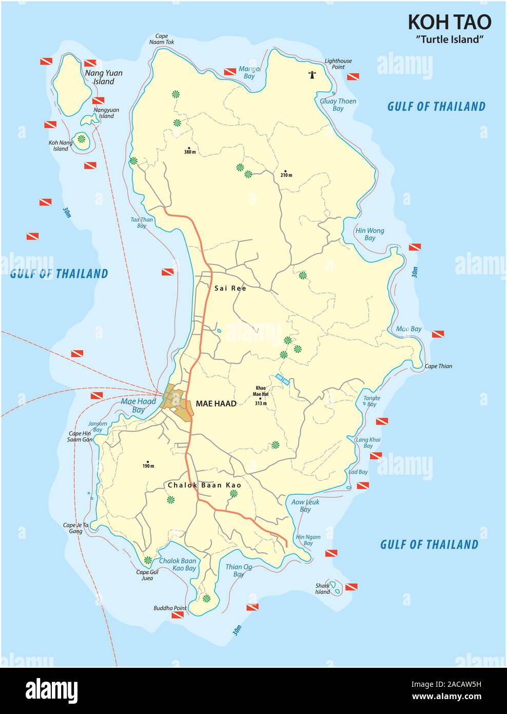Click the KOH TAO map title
449,22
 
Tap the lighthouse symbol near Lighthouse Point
311,74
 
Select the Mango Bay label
249,72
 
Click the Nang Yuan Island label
103,77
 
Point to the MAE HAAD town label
216,404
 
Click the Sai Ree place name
230,288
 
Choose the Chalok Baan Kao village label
204,484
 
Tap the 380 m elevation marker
190,152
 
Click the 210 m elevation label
286,175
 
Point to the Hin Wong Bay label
369,234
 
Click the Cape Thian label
438,366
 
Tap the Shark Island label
323,589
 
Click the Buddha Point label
170,608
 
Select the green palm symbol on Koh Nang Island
81,138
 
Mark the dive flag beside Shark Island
351,587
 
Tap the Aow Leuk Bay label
305,505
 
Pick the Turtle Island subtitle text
449,39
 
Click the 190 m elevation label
148,465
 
